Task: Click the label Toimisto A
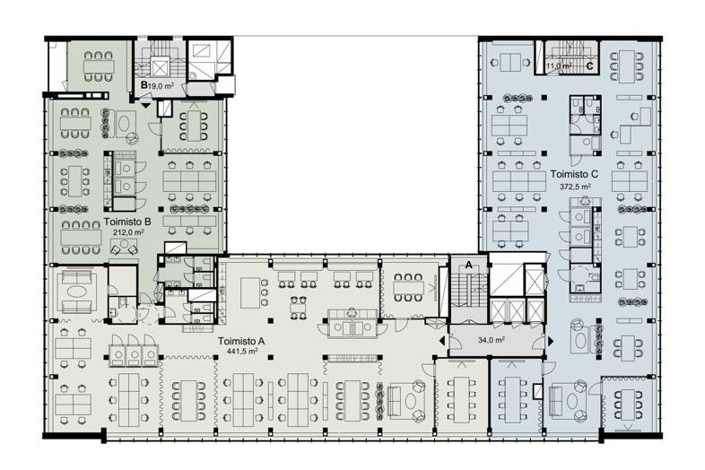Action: (x=241, y=342)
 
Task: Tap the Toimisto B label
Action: (x=127, y=222)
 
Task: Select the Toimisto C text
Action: (x=574, y=174)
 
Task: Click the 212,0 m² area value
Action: (x=128, y=232)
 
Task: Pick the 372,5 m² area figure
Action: (x=575, y=186)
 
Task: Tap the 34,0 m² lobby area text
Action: (x=491, y=341)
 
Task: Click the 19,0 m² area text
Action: (x=161, y=84)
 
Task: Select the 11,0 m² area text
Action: (x=559, y=65)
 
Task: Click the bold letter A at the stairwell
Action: (x=469, y=265)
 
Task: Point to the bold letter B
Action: (x=144, y=84)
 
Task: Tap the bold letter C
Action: (x=590, y=66)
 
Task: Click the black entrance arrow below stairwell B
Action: (x=146, y=106)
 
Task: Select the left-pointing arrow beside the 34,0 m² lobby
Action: (x=442, y=341)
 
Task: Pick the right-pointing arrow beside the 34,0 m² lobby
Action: (x=551, y=342)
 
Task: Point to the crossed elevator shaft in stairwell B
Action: (x=159, y=68)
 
